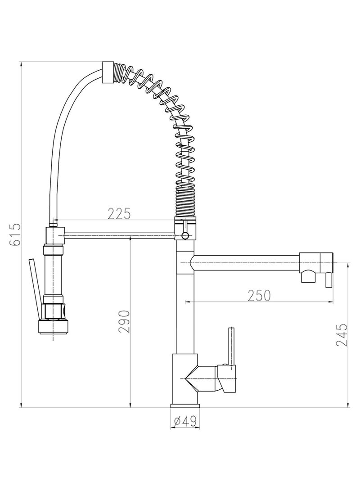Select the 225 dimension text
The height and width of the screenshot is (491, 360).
(119, 213)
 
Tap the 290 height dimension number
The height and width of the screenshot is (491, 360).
(124, 321)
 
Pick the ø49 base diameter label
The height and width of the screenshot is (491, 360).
(184, 421)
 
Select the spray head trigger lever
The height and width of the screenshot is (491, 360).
(34, 288)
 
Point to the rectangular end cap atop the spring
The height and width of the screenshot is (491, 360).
(108, 72)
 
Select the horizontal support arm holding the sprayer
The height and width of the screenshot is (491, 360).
(120, 234)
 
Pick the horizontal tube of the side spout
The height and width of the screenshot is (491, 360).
(245, 261)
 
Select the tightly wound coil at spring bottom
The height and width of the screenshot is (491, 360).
(185, 203)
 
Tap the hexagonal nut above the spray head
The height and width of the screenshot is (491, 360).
(54, 310)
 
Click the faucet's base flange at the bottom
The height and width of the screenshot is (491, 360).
(185, 406)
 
